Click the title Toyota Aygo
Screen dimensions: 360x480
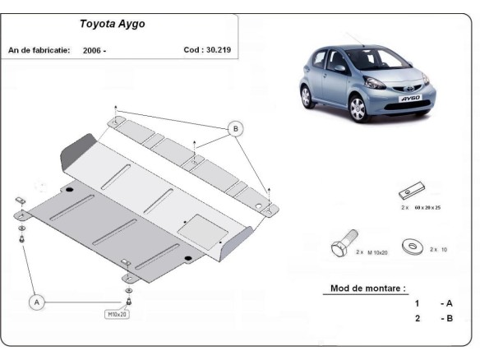tap(112, 24)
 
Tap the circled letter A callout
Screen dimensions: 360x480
tap(37, 302)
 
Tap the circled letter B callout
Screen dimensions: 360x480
tap(235, 129)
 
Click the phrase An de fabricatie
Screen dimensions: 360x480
tap(38, 50)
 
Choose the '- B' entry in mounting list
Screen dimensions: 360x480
tap(447, 317)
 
